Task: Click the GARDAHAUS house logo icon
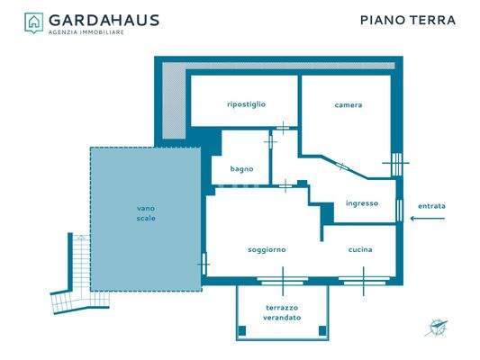click(x=33, y=22)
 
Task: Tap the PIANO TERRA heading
click(x=407, y=20)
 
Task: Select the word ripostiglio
click(x=246, y=105)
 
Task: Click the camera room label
click(x=348, y=105)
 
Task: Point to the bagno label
click(x=241, y=168)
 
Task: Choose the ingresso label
click(x=362, y=203)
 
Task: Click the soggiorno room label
click(x=267, y=249)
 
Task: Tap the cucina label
click(x=360, y=249)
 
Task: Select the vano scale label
click(x=146, y=214)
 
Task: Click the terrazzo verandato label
click(x=282, y=312)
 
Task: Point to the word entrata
click(x=430, y=206)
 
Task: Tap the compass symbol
click(x=439, y=328)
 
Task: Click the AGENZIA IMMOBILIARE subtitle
click(x=86, y=32)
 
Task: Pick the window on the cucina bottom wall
click(x=364, y=281)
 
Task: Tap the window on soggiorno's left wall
click(x=204, y=264)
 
